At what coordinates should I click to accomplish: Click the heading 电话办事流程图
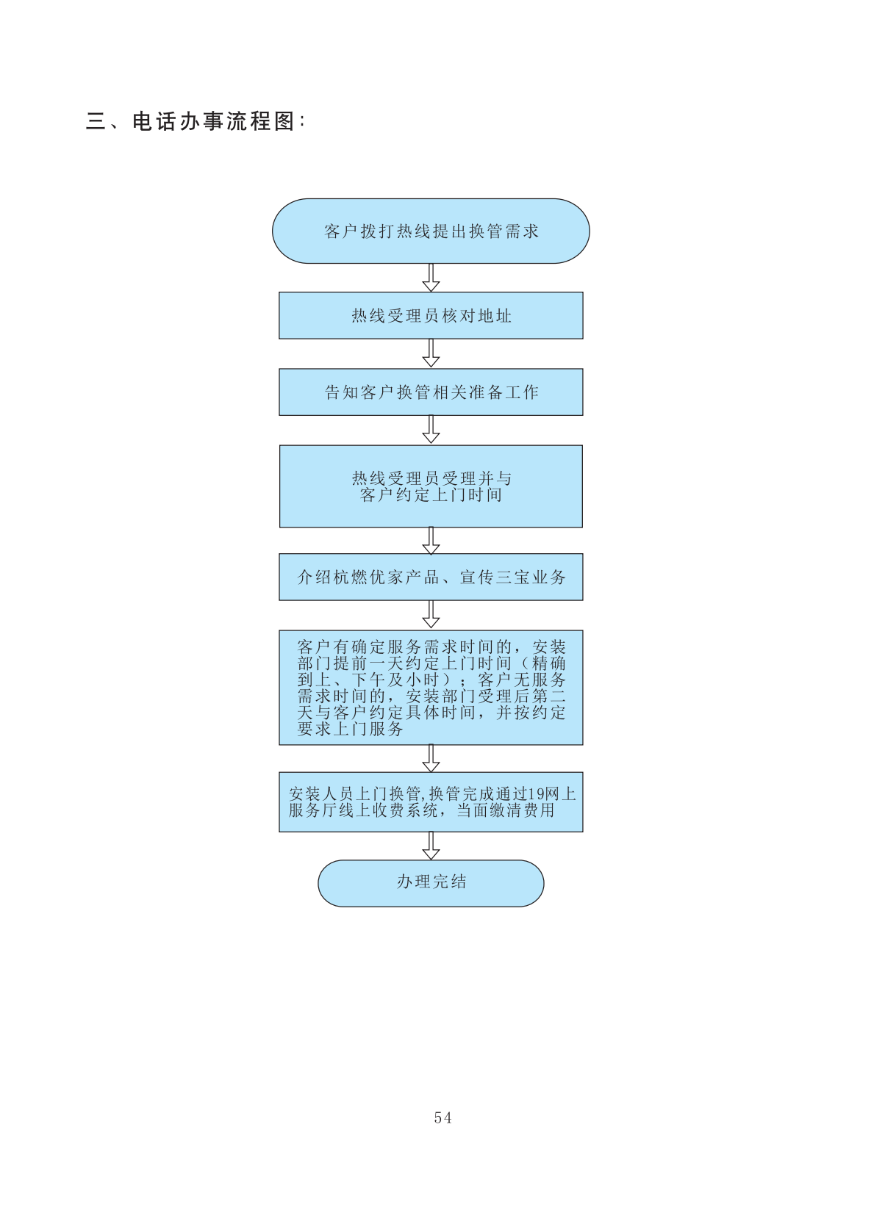pos(213,121)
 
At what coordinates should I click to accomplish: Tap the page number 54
pos(442,1117)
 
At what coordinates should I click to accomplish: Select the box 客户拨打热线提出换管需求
pos(431,231)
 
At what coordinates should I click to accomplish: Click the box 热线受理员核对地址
pos(431,316)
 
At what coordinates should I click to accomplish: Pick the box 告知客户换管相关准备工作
pos(431,392)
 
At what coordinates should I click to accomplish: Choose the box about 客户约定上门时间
pos(431,486)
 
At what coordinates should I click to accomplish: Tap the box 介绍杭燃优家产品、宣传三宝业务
pos(431,577)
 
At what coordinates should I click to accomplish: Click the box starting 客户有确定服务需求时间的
pos(431,688)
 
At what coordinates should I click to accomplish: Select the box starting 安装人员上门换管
pos(431,802)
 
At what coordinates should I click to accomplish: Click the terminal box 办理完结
pos(431,882)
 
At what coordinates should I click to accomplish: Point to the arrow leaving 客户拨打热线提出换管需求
pos(431,278)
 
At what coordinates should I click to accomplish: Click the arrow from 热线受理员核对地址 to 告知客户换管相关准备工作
pos(431,353)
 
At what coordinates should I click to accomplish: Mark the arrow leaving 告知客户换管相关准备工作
pos(431,430)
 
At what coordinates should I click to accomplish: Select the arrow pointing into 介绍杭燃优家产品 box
pos(431,541)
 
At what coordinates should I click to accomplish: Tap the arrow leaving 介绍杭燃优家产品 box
pos(431,615)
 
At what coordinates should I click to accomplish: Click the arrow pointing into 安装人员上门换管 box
pos(431,758)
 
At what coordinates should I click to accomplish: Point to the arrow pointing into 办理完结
pos(431,846)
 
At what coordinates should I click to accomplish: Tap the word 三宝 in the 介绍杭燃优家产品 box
pos(513,577)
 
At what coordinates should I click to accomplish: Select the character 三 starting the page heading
pos(96,121)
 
